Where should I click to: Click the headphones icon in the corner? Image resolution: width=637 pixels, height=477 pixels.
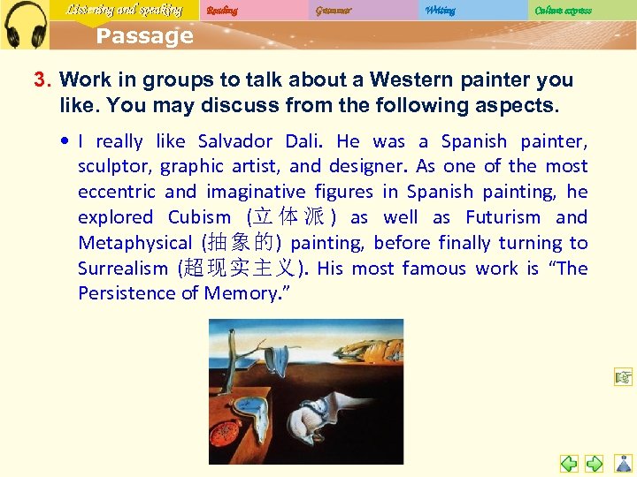pyautogui.click(x=24, y=25)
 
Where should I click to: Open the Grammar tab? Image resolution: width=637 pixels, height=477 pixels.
pyautogui.click(x=333, y=11)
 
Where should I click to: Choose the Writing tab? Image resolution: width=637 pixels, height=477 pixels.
pyautogui.click(x=440, y=11)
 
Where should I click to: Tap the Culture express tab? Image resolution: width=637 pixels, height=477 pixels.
pyautogui.click(x=563, y=11)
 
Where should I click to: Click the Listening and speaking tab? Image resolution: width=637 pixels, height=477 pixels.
pyautogui.click(x=124, y=11)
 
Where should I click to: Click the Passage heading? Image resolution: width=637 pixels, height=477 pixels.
pyautogui.click(x=144, y=36)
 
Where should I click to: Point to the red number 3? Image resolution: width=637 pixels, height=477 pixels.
pyautogui.click(x=40, y=80)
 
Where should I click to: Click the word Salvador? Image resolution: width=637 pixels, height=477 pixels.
pyautogui.click(x=235, y=141)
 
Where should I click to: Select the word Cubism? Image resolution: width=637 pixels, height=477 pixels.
pyautogui.click(x=199, y=217)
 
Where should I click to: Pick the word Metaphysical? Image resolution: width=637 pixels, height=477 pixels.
pyautogui.click(x=134, y=243)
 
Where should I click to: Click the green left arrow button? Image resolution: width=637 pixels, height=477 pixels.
pyautogui.click(x=569, y=462)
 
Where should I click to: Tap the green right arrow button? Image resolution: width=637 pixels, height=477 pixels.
pyautogui.click(x=595, y=462)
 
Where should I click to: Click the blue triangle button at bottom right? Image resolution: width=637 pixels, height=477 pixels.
pyautogui.click(x=624, y=462)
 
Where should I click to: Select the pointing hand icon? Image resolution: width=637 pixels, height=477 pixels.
pyautogui.click(x=624, y=378)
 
